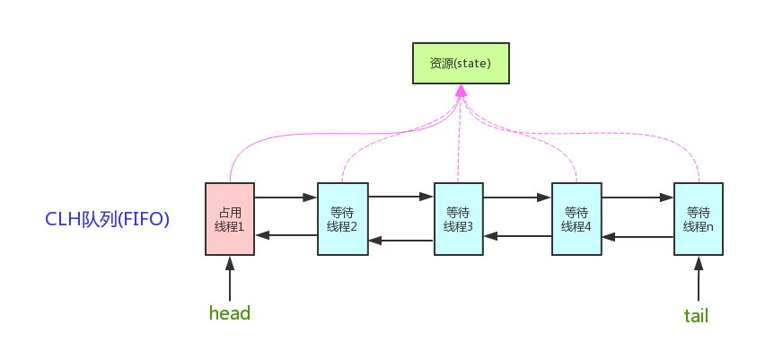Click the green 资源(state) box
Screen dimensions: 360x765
[x=461, y=64]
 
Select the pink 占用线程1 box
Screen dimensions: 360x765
[x=230, y=219]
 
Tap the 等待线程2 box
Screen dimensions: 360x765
[x=342, y=219]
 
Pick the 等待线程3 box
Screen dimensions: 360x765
[x=458, y=219]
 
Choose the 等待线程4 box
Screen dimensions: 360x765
[x=576, y=219]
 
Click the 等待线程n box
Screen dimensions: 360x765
[x=698, y=219]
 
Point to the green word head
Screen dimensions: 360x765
[x=229, y=313]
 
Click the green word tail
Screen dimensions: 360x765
[x=697, y=315]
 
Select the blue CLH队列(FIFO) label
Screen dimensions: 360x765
[x=108, y=219]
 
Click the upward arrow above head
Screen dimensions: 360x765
[x=230, y=278]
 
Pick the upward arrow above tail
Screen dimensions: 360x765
[x=698, y=278]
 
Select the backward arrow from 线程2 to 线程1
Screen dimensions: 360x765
[x=286, y=235]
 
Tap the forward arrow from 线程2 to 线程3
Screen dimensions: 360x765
[x=400, y=194]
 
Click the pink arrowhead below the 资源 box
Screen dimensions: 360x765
[x=461, y=92]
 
